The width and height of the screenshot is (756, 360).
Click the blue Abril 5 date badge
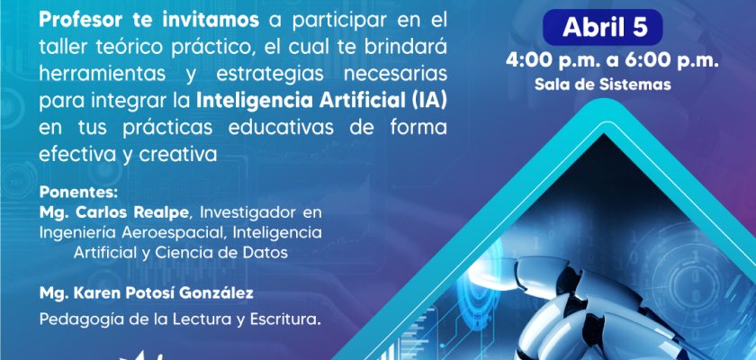602,28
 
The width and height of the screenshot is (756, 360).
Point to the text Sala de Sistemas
603,85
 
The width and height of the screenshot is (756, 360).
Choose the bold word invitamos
211,20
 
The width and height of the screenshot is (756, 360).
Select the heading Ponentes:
78,193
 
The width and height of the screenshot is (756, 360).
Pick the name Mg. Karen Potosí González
147,293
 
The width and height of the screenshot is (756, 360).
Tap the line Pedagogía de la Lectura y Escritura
180,319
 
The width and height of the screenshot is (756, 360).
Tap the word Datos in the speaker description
267,253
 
